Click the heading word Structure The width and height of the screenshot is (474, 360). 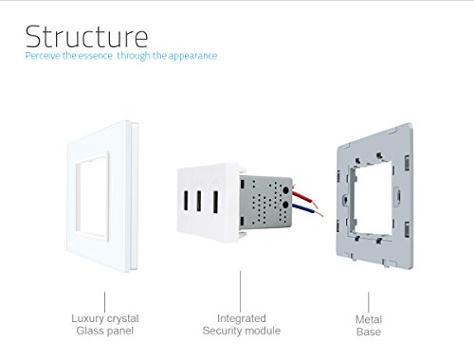click(86, 36)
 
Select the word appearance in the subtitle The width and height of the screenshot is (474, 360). click(192, 56)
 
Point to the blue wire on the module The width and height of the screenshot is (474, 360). click(307, 210)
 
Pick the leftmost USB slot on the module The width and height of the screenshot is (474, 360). click(186, 202)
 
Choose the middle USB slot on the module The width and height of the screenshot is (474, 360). click(199, 201)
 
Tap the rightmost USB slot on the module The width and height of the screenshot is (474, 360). click(215, 202)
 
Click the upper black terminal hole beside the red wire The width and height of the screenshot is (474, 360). click(286, 190)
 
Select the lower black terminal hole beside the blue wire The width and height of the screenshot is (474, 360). click(285, 205)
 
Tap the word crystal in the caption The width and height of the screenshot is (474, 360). click(121, 319)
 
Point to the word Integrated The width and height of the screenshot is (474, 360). click(242, 318)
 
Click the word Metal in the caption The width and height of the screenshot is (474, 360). click(369, 319)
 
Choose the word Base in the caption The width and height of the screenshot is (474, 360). click(369, 332)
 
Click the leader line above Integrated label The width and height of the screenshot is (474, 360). click(240, 291)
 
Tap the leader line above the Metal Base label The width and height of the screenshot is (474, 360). click(368, 302)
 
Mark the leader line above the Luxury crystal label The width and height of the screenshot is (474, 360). click(104, 302)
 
